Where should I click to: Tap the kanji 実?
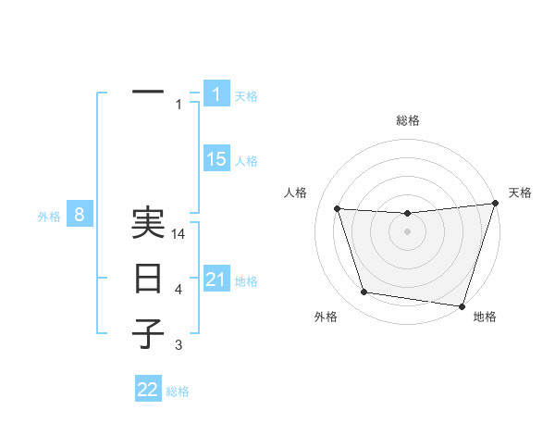tap(148, 223)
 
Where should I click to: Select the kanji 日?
tap(148, 279)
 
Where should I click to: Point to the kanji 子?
tap(148, 332)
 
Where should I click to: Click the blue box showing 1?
tap(216, 94)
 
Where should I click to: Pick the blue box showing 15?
tap(216, 159)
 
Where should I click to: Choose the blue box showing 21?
tap(216, 280)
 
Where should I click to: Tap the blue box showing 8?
tap(80, 216)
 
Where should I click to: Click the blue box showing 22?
tap(148, 390)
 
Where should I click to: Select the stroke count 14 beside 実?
tap(179, 235)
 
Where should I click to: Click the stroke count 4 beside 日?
tap(179, 291)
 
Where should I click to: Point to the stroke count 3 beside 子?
tap(179, 345)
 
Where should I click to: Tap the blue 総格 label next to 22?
tap(178, 391)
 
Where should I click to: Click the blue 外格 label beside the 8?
tap(49, 217)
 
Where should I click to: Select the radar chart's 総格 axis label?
tap(407, 120)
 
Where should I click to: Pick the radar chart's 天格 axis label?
tap(520, 193)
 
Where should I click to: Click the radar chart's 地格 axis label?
tap(485, 317)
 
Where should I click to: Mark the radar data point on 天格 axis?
tap(495, 204)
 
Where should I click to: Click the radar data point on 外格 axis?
tap(364, 292)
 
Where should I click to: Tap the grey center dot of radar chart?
tap(407, 232)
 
